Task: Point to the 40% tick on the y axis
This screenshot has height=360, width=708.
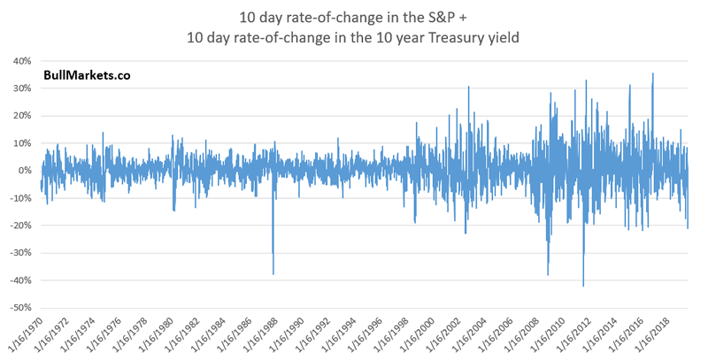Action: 21,61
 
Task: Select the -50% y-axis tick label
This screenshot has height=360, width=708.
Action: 19,308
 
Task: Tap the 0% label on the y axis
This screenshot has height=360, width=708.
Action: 24,171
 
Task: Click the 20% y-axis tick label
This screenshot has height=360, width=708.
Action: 21,116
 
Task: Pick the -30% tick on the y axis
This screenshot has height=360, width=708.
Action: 19,253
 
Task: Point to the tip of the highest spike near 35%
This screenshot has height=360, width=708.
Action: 652,73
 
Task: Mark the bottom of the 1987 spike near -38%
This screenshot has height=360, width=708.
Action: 273,274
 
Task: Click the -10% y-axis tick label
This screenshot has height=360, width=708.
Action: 19,198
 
